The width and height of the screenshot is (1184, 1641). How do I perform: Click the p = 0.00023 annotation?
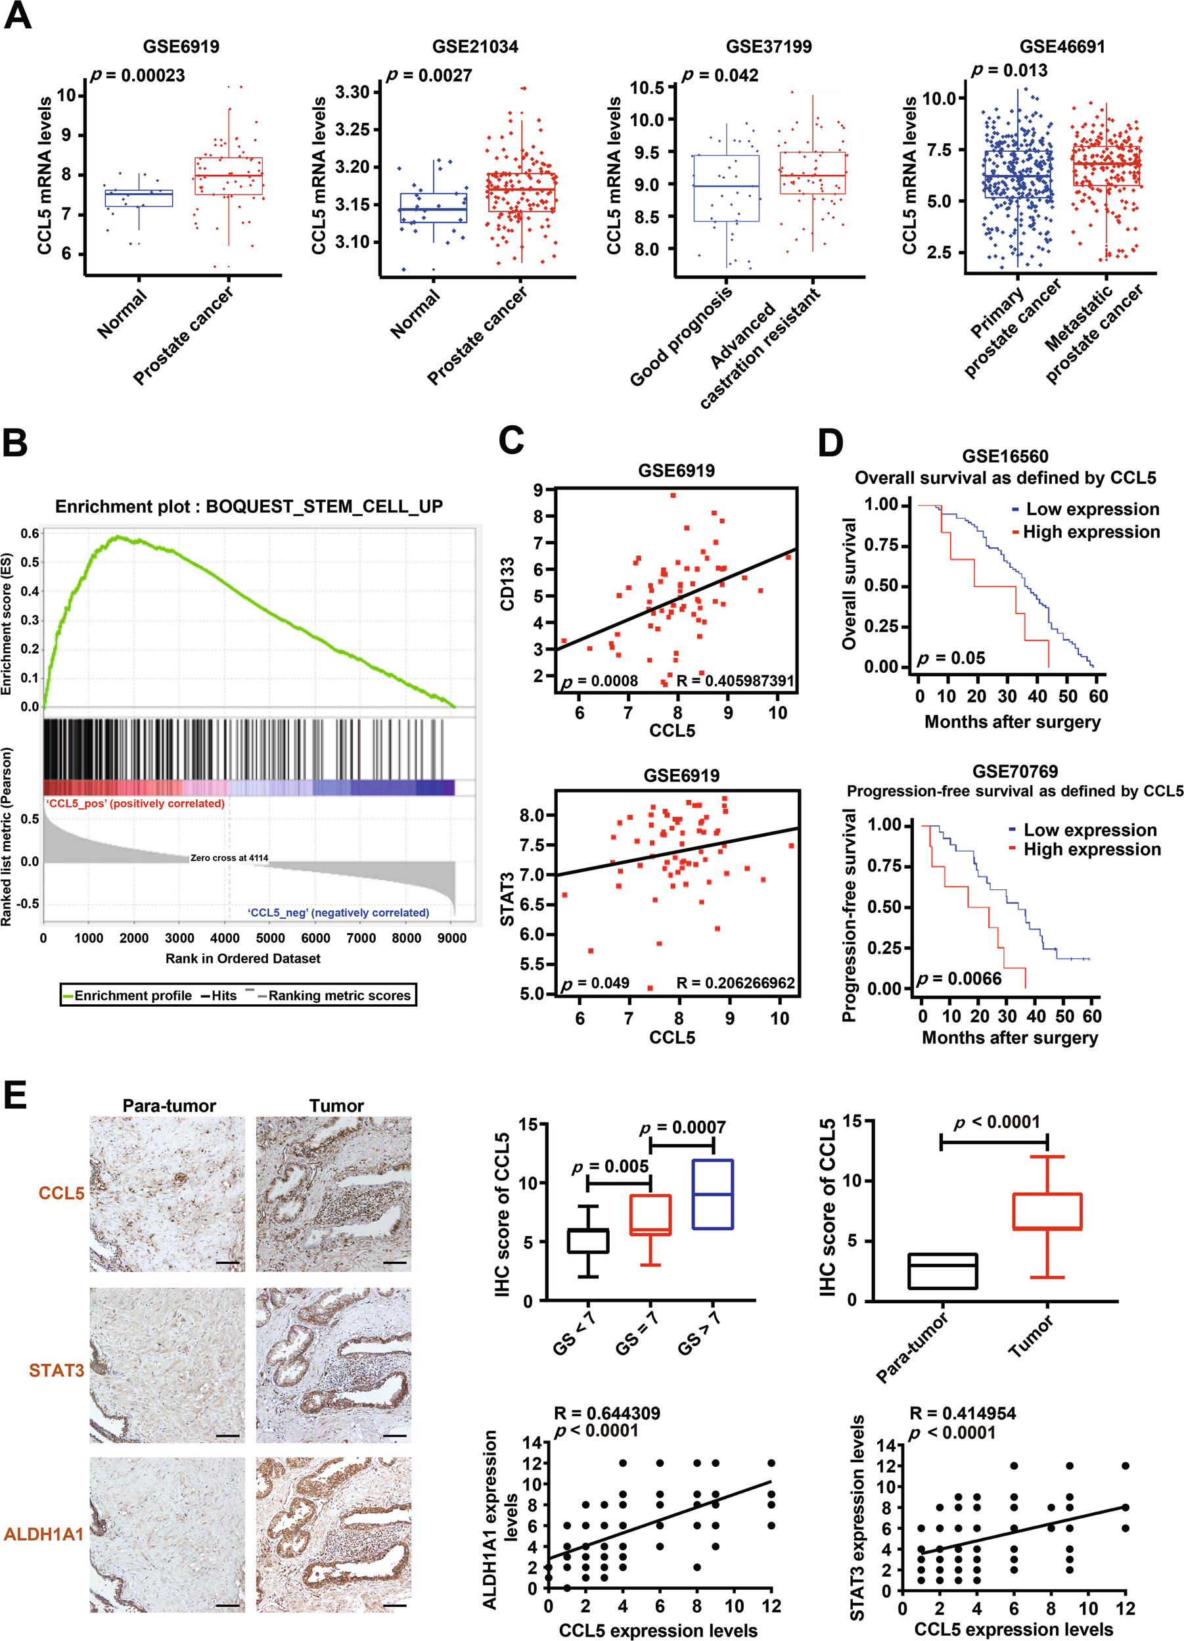pos(137,76)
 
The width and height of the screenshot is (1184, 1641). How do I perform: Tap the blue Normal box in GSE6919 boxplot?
pos(139,198)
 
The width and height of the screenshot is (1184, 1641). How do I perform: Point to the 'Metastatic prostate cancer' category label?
pos(1093,333)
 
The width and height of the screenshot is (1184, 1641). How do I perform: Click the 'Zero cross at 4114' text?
pos(229,858)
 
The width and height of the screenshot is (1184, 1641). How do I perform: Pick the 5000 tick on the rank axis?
pos(270,938)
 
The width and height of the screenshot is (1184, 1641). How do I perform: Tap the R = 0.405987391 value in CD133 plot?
pos(735,681)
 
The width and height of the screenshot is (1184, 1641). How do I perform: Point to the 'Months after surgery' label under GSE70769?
pos(1010,1038)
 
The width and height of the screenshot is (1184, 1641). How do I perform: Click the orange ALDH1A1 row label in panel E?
pos(43,1535)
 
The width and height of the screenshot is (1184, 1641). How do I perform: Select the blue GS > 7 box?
pos(712,1194)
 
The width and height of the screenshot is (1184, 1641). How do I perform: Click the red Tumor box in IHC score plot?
pos(1047,1211)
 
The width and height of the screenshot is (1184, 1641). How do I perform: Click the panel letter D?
pos(831,443)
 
